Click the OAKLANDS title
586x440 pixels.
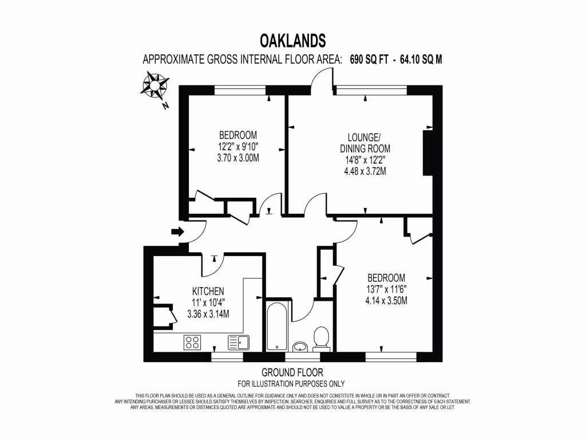click(x=292, y=41)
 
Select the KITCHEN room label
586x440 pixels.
click(x=208, y=291)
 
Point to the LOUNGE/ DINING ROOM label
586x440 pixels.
click(x=364, y=143)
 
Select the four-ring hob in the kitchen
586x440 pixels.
click(x=192, y=342)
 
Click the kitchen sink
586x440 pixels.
click(x=239, y=342)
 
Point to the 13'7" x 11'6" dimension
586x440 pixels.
click(x=387, y=289)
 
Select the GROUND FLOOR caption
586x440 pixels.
click(x=292, y=372)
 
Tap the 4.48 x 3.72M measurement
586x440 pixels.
click(x=364, y=171)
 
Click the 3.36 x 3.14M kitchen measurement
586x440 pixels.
click(x=208, y=313)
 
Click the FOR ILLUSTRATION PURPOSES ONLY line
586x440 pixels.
click(x=292, y=384)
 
